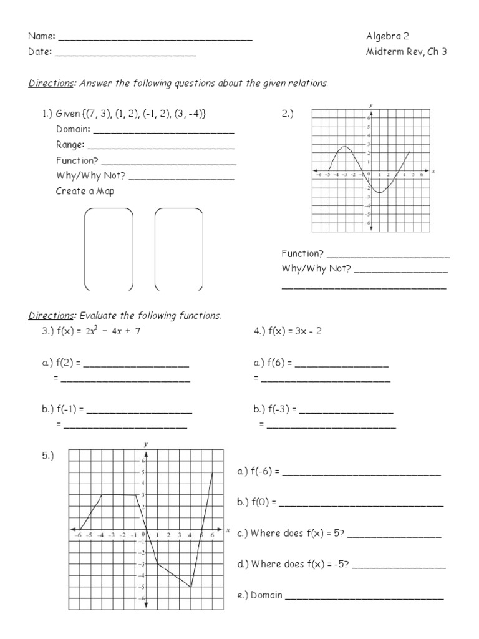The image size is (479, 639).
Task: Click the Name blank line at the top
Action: click(155, 39)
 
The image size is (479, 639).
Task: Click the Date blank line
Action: click(125, 55)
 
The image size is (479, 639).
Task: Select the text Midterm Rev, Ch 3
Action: click(406, 52)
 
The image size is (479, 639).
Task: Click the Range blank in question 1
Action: click(161, 147)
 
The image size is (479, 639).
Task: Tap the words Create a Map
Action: click(85, 191)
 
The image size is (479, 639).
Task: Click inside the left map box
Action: click(109, 250)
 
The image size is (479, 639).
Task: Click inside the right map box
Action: click(178, 250)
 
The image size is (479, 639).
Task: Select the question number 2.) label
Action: click(288, 114)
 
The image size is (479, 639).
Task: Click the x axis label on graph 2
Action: click(433, 170)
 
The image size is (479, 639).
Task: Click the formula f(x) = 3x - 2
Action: click(288, 331)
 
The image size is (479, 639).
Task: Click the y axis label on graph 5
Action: click(145, 444)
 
